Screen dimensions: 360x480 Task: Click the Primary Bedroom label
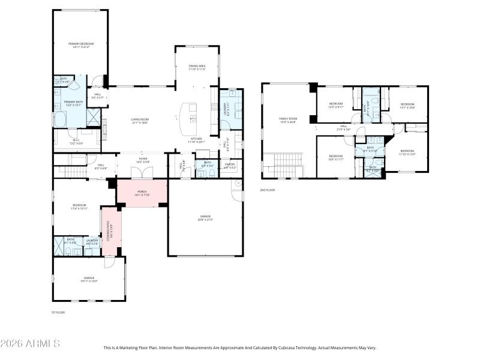click(80, 44)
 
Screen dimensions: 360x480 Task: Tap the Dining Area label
click(197, 67)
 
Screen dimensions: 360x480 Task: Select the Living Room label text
click(140, 121)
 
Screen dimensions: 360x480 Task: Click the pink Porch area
click(142, 193)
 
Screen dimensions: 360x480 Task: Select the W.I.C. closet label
click(76, 142)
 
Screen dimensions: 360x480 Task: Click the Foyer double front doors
click(142, 173)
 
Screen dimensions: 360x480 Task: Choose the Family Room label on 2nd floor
click(288, 120)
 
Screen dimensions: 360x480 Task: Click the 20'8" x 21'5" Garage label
click(205, 218)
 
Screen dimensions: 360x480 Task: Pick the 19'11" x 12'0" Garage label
click(89, 279)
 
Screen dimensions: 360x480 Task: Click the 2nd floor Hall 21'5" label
click(344, 127)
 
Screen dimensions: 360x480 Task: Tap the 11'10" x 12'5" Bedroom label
click(407, 152)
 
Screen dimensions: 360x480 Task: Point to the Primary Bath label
click(73, 104)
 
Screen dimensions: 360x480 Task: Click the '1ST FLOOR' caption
click(58, 312)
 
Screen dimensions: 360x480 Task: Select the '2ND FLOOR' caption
click(267, 190)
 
